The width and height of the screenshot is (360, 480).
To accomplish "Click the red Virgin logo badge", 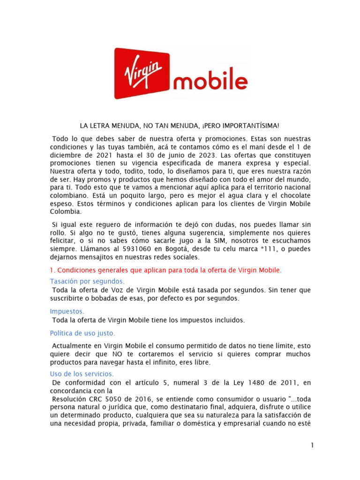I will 142,74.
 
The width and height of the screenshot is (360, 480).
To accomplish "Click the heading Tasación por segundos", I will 87,281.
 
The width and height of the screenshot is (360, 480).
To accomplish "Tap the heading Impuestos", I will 67,311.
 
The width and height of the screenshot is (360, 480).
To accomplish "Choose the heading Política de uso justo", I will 82,333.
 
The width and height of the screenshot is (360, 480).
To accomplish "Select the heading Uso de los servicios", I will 82,374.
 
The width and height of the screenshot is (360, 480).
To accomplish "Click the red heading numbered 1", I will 166,270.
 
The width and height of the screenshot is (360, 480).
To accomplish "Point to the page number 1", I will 311,445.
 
